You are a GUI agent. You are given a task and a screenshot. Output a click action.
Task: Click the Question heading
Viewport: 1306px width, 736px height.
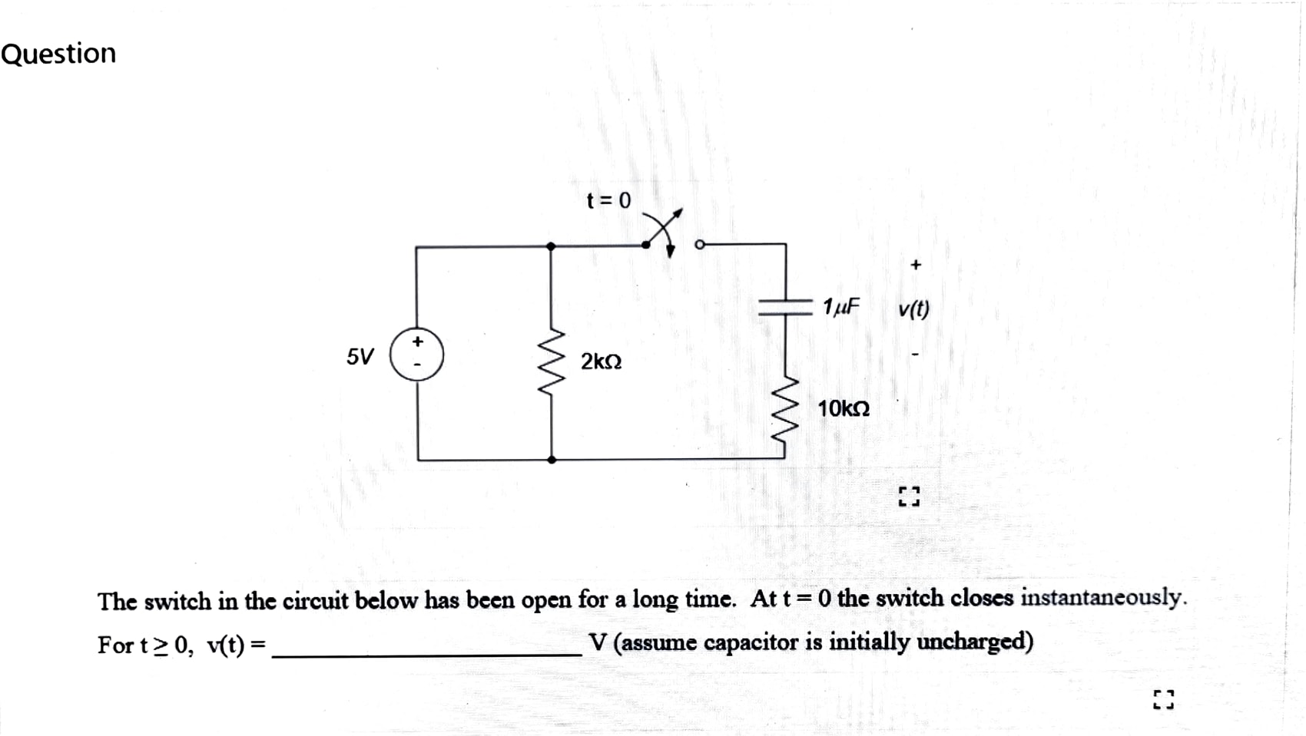pos(58,54)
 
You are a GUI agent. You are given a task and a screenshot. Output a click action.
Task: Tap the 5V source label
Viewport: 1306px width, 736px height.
pos(360,357)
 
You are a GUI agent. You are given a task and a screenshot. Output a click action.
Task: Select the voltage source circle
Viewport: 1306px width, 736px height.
pos(416,354)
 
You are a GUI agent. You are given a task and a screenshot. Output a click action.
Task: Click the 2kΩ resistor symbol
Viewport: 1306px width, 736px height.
pos(552,361)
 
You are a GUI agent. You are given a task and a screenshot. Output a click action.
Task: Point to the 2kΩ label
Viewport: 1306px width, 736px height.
pos(601,361)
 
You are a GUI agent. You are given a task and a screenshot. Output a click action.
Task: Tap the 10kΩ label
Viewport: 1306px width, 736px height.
pos(844,409)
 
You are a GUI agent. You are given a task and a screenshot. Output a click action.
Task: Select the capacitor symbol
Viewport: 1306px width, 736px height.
pos(785,308)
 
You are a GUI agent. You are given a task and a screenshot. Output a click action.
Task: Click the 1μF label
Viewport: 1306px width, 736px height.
pos(840,307)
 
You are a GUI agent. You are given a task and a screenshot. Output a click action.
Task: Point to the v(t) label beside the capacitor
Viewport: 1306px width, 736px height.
pos(913,309)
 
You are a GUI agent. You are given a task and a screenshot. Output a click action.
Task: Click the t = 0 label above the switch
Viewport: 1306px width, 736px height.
pos(608,200)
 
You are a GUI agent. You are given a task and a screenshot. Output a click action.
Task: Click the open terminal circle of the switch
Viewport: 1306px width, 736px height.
pos(699,245)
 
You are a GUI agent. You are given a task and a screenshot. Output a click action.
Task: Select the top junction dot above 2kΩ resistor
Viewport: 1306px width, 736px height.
pos(551,246)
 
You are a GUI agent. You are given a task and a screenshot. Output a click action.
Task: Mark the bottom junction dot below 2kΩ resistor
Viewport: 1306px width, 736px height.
pos(552,460)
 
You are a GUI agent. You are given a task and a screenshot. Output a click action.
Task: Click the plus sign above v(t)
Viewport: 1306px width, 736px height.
pos(915,265)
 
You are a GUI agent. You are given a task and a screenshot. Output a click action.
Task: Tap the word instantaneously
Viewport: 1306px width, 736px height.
pos(1103,597)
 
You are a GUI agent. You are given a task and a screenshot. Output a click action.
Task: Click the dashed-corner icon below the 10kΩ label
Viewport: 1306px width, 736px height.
pos(909,496)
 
